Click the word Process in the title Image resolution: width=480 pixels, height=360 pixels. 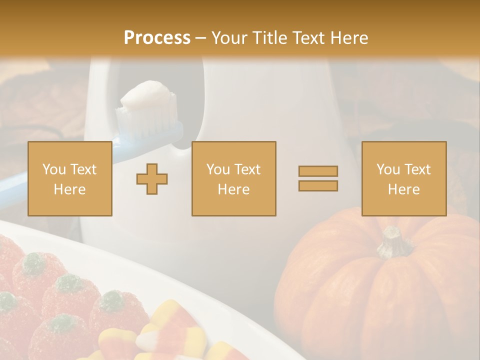157,38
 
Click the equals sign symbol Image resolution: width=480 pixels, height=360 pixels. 318,178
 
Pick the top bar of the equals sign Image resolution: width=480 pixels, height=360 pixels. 318,171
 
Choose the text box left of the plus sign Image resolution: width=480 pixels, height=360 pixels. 69,178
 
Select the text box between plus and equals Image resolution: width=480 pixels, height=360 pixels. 233,178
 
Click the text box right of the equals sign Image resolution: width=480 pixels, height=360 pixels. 403,178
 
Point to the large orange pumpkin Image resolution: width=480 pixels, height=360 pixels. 380,295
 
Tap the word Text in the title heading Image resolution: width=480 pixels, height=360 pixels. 308,38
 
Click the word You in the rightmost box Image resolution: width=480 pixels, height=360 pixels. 388,169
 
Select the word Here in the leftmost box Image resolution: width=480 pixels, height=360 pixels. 69,189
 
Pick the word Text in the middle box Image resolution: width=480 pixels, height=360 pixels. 247,169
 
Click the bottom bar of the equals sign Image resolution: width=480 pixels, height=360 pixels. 318,185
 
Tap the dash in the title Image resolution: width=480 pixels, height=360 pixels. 201,38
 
